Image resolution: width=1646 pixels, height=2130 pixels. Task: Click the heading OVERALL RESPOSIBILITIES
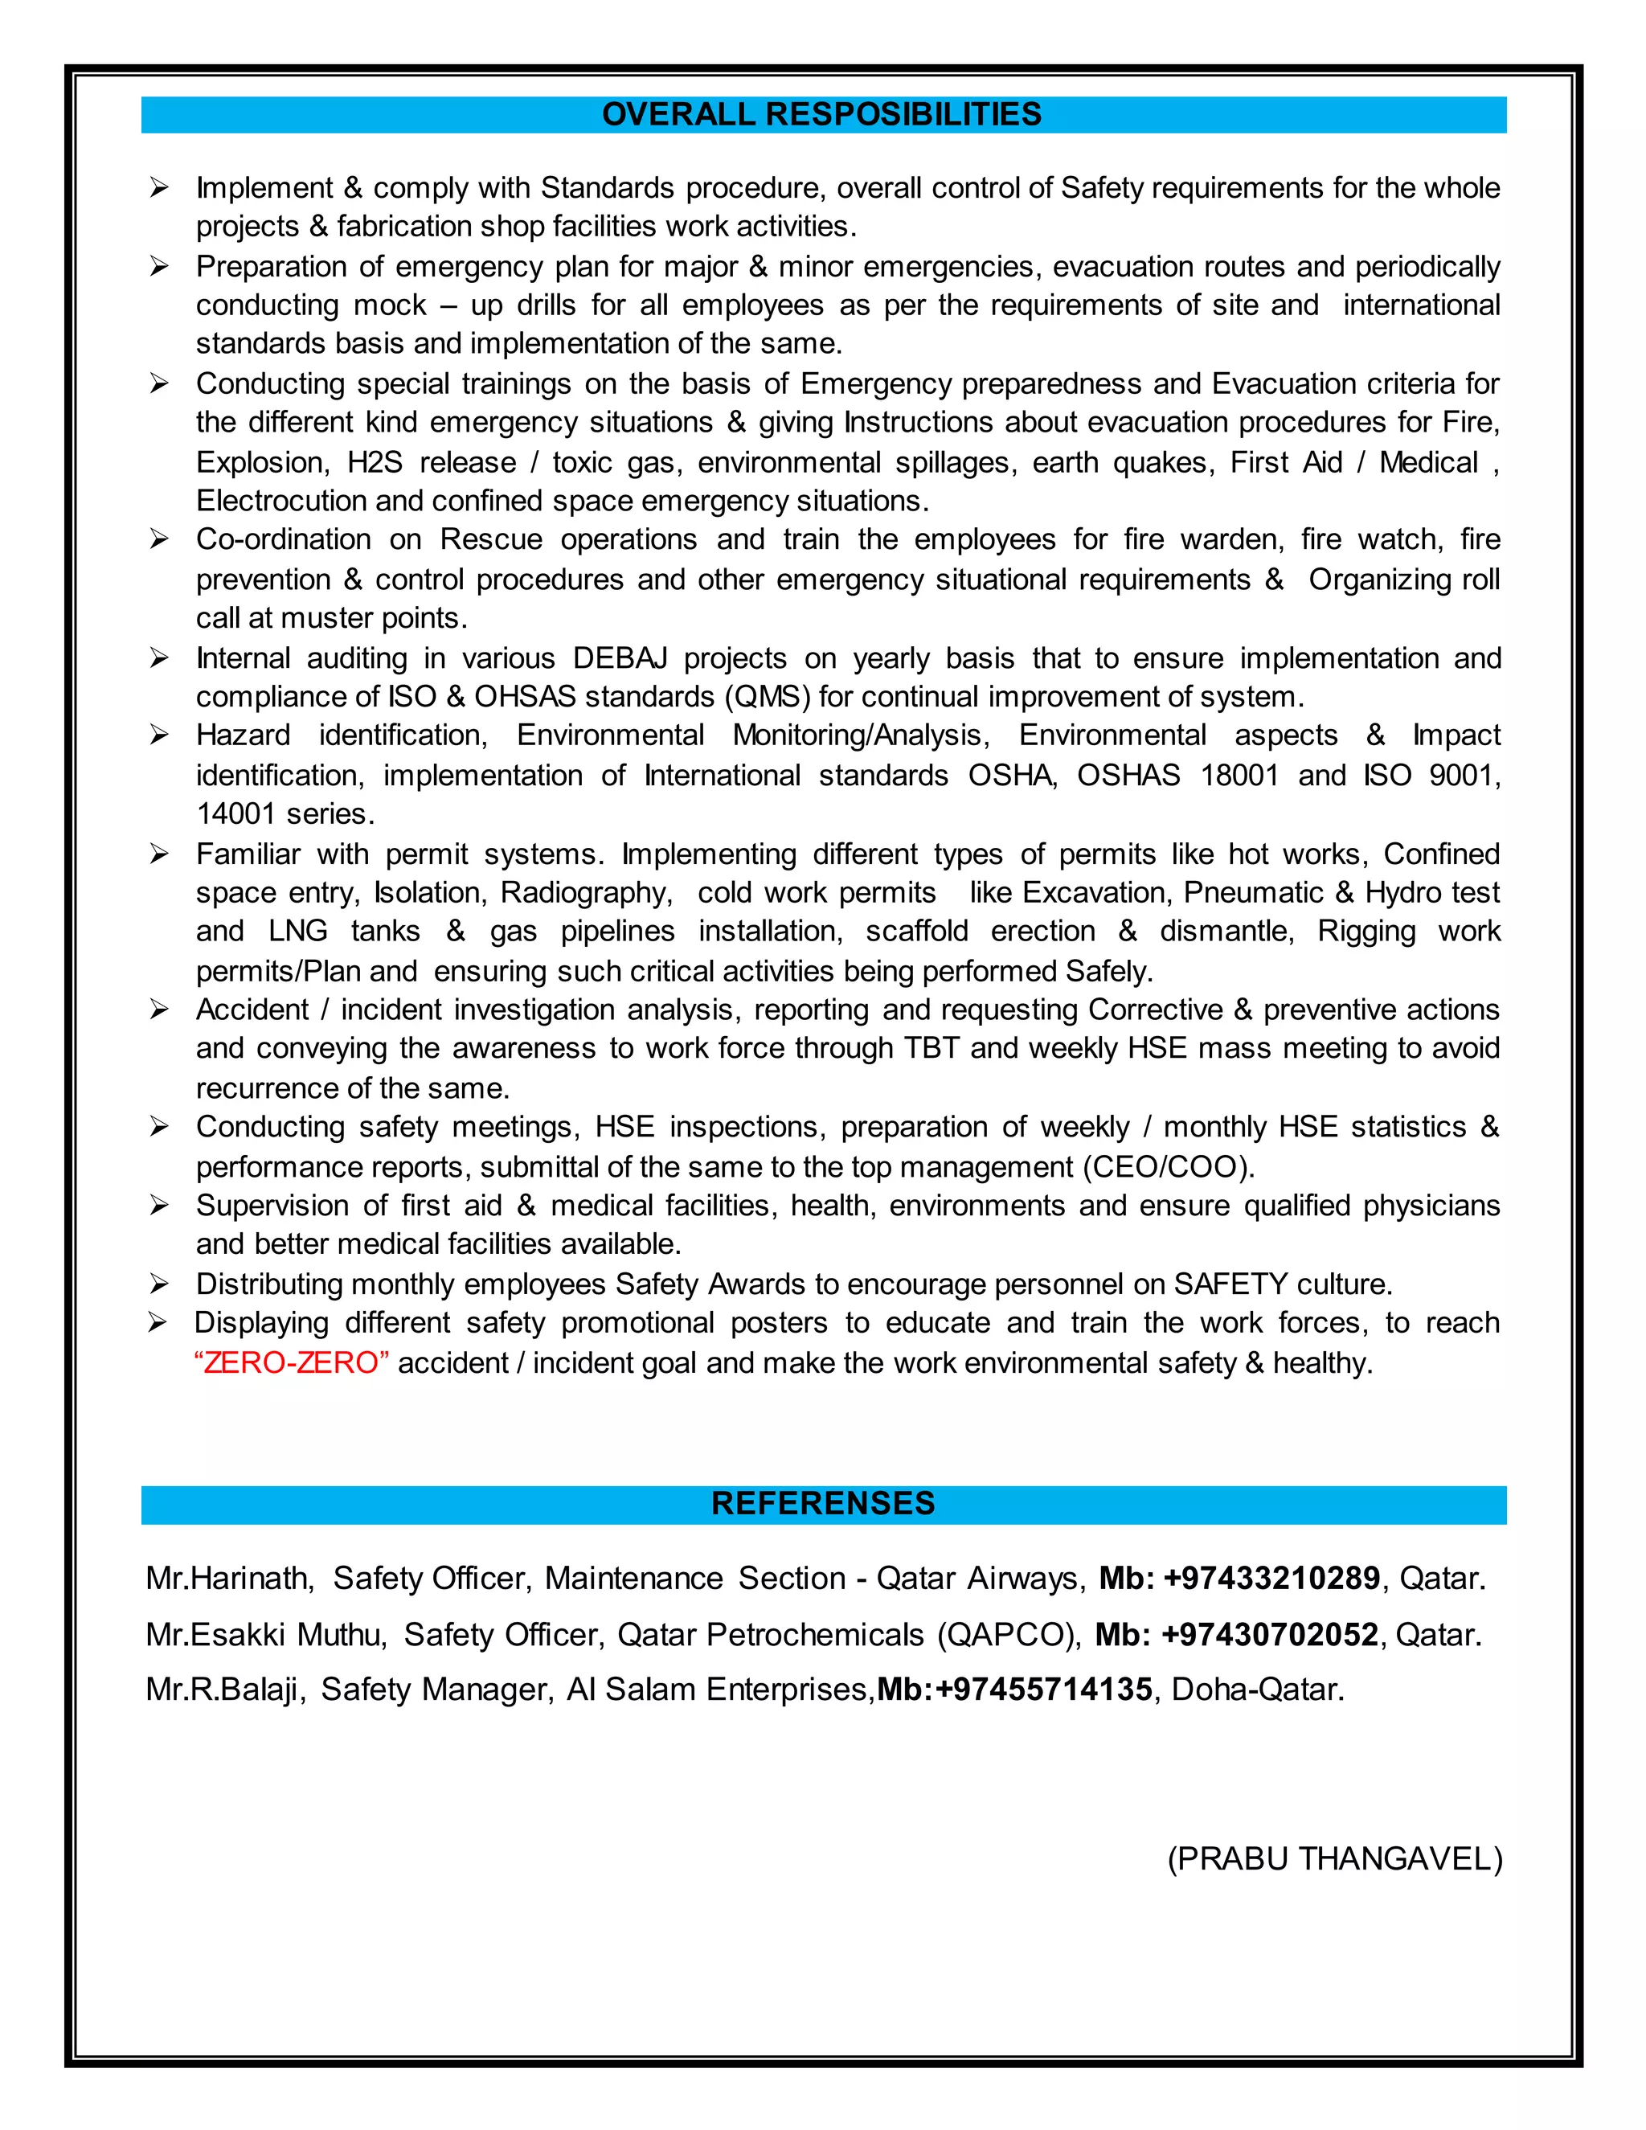tap(822, 115)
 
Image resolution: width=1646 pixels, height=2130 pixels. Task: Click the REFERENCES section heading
tap(822, 1503)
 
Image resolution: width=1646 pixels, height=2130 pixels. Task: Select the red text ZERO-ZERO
tap(291, 1362)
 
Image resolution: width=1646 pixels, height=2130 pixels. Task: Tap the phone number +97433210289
tap(1271, 1578)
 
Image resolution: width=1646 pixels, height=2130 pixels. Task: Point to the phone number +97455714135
tap(1043, 1690)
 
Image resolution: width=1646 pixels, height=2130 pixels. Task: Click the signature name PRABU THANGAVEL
tap(1335, 1859)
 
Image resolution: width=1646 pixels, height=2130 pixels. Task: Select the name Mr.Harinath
tap(229, 1578)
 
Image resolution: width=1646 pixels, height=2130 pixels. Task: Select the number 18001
tap(1239, 776)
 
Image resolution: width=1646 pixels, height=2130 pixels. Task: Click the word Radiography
tap(584, 892)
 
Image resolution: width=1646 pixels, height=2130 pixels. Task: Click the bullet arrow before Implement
tap(159, 188)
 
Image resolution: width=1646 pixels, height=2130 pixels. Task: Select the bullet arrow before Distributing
tap(159, 1284)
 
